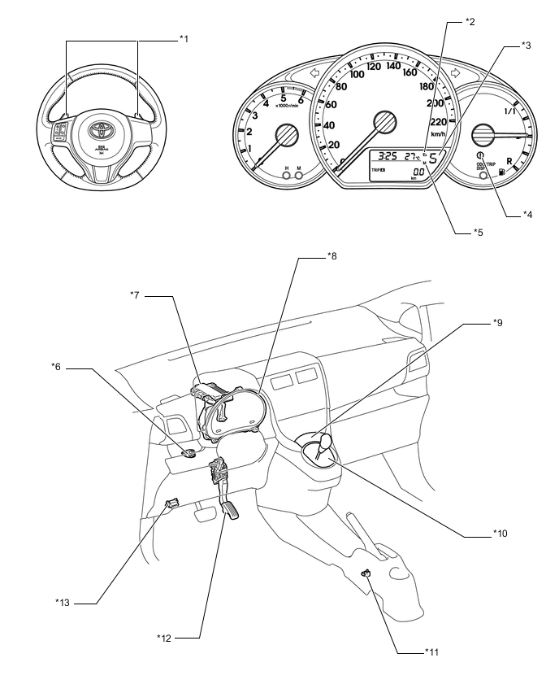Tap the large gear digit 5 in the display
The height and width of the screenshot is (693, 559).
[433, 158]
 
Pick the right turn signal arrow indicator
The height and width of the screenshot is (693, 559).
[456, 72]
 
